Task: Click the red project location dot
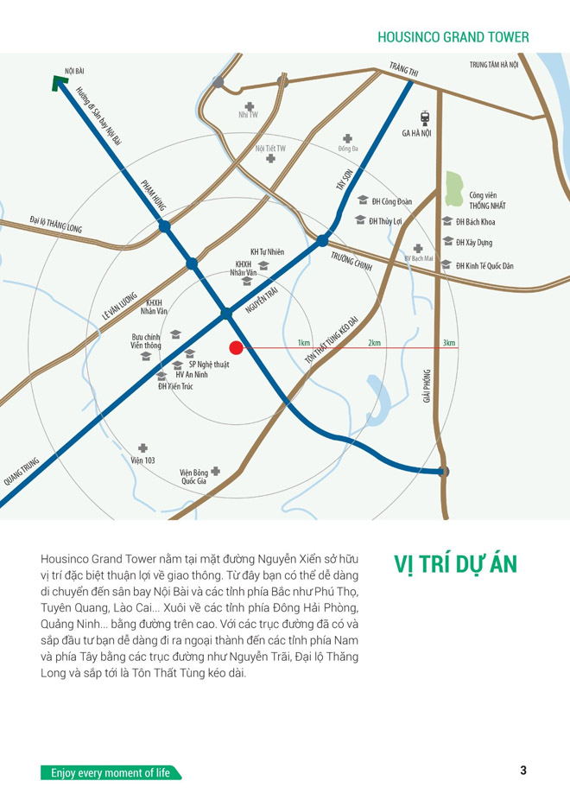236,347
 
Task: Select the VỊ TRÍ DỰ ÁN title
455,563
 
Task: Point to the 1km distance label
304,343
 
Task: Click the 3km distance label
448,343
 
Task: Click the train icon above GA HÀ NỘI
424,117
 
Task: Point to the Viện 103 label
142,460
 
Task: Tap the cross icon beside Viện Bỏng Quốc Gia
215,472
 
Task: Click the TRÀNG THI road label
403,70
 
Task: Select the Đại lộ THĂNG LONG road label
55,225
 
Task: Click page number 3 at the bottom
522,771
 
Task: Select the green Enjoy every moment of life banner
111,772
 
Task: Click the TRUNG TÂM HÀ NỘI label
494,65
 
